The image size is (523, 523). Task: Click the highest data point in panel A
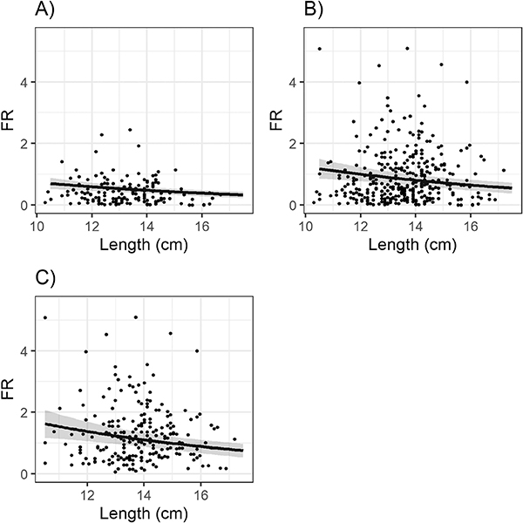coord(129,130)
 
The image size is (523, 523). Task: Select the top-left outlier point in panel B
coord(320,48)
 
